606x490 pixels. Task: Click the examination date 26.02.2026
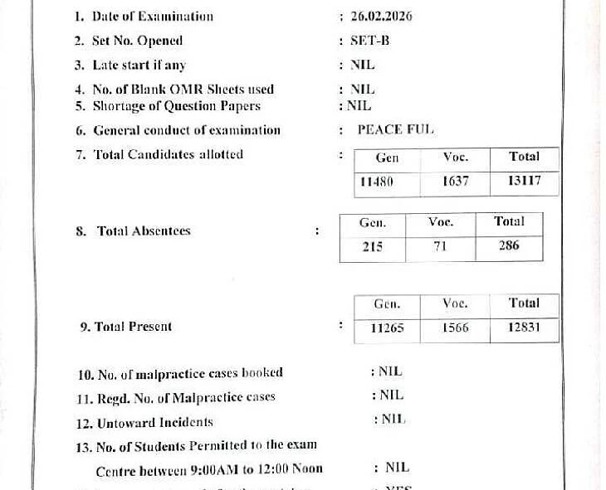click(382, 17)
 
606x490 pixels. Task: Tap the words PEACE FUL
click(395, 129)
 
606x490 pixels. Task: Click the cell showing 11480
click(377, 182)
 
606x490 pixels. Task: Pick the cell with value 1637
click(455, 182)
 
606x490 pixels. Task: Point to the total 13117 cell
click(523, 182)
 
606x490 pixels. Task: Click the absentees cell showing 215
click(373, 246)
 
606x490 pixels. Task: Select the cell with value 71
click(440, 246)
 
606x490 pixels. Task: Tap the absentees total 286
click(509, 246)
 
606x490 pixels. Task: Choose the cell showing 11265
click(387, 327)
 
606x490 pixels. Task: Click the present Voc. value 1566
click(455, 327)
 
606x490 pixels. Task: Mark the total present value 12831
click(524, 327)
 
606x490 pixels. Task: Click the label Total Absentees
click(144, 231)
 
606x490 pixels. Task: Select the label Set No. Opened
click(137, 41)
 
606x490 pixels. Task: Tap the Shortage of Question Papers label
click(176, 106)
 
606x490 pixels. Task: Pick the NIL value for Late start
click(363, 65)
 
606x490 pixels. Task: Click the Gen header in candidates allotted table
click(387, 158)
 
